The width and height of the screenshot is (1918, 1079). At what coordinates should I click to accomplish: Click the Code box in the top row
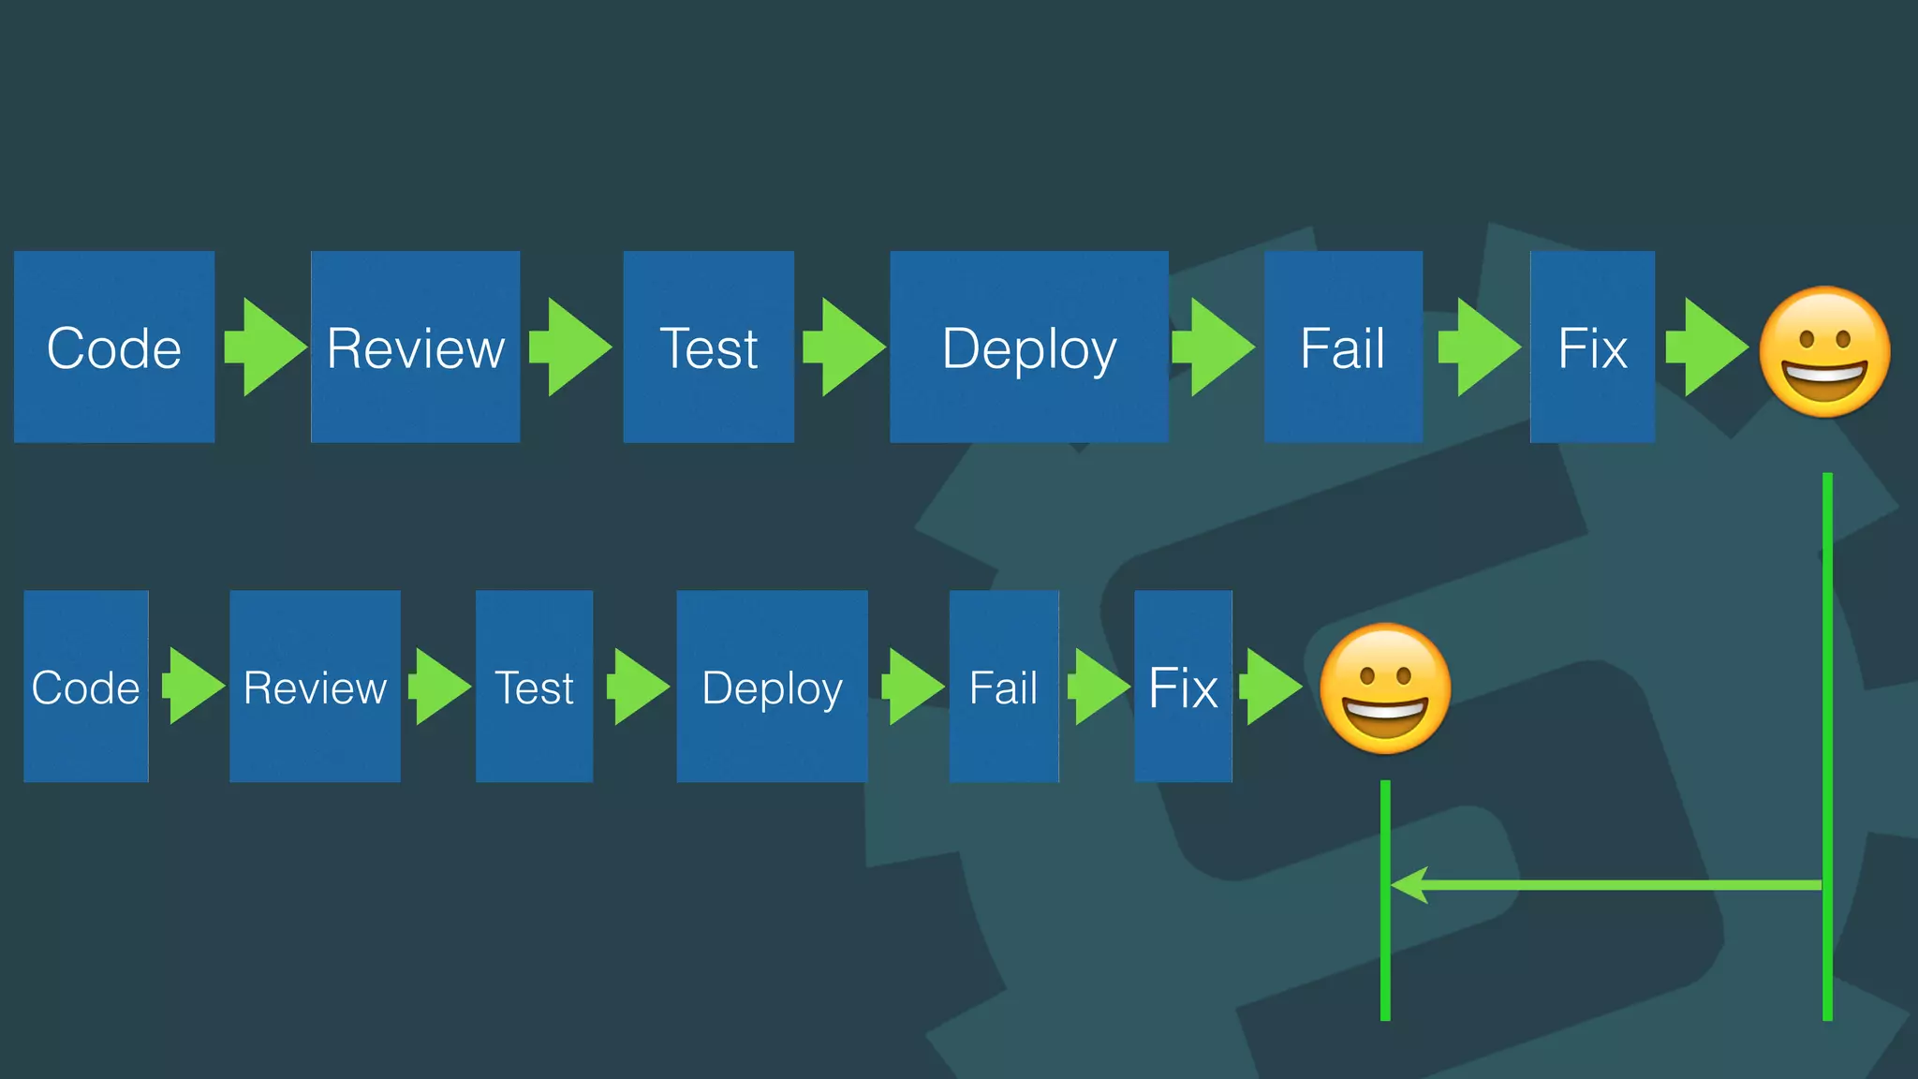pos(114,347)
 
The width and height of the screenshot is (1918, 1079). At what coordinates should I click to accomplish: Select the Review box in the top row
pos(415,347)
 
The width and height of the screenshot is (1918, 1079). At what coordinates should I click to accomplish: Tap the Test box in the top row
pos(708,347)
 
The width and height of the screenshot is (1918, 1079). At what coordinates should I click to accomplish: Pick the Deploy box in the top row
pos(1028,347)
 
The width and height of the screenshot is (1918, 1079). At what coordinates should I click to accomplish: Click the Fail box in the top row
pos(1343,347)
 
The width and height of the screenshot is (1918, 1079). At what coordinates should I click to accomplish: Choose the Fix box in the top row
pos(1592,347)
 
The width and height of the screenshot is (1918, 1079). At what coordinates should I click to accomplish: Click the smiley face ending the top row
pos(1824,352)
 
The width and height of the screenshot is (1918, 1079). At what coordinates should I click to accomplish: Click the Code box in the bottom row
pos(86,687)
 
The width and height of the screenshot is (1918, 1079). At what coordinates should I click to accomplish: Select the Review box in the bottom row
pos(315,687)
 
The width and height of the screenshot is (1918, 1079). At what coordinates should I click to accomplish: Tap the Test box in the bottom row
pos(534,687)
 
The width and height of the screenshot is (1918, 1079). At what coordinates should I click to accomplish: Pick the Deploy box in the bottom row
pos(772,687)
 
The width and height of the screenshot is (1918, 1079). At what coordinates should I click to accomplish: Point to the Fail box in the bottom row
pos(1004,687)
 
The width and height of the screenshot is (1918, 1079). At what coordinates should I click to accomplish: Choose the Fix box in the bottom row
pos(1183,687)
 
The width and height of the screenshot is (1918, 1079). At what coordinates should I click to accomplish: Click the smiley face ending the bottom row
pos(1385,689)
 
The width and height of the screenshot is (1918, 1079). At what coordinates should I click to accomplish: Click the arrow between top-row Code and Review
pos(265,347)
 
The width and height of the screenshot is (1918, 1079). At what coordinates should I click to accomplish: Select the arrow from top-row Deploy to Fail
pos(1214,347)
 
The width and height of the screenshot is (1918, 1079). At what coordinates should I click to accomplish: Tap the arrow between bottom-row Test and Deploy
pos(639,687)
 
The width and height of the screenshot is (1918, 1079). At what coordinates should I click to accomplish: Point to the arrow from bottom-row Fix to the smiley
pos(1272,687)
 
